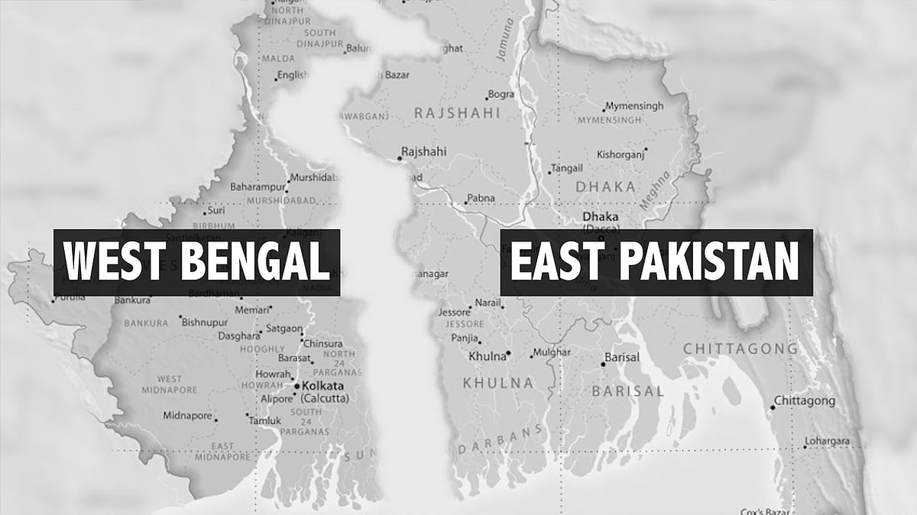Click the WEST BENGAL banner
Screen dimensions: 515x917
pyautogui.click(x=196, y=262)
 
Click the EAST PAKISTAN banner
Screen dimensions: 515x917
pyautogui.click(x=656, y=262)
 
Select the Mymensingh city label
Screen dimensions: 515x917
pyautogui.click(x=634, y=106)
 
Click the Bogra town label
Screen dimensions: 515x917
pyautogui.click(x=501, y=95)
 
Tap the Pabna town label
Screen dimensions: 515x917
pyautogui.click(x=481, y=199)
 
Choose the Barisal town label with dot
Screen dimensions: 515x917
pyautogui.click(x=621, y=358)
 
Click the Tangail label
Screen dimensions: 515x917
pyautogui.click(x=565, y=168)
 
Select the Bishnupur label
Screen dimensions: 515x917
pyautogui.click(x=205, y=322)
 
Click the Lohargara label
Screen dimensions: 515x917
pyautogui.click(x=828, y=442)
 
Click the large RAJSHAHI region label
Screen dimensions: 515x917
pyautogui.click(x=456, y=113)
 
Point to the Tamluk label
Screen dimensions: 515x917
pyautogui.click(x=267, y=421)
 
